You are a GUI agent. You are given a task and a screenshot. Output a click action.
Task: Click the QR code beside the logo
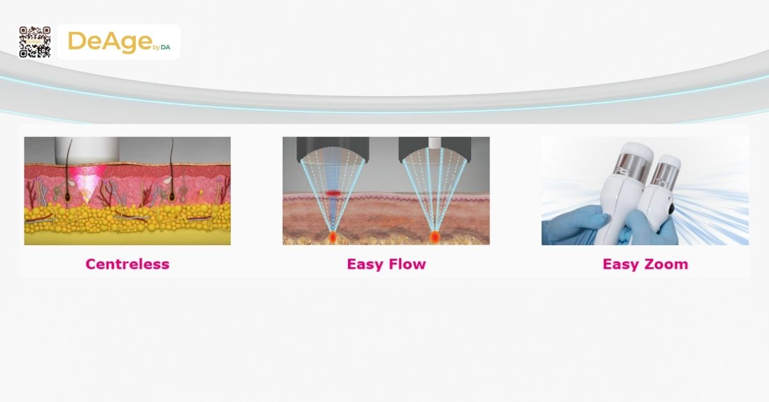coord(35,42)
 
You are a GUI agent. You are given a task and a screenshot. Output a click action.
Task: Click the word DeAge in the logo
coord(109,42)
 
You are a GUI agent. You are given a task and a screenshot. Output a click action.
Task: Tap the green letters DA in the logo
coord(165,47)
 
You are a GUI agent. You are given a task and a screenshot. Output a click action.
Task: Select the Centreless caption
coord(128,264)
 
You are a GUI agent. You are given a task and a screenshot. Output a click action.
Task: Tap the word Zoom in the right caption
coord(666,264)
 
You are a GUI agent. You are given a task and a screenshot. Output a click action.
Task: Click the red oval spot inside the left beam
coord(333,192)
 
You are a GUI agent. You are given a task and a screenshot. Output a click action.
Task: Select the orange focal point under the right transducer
coord(435,237)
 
